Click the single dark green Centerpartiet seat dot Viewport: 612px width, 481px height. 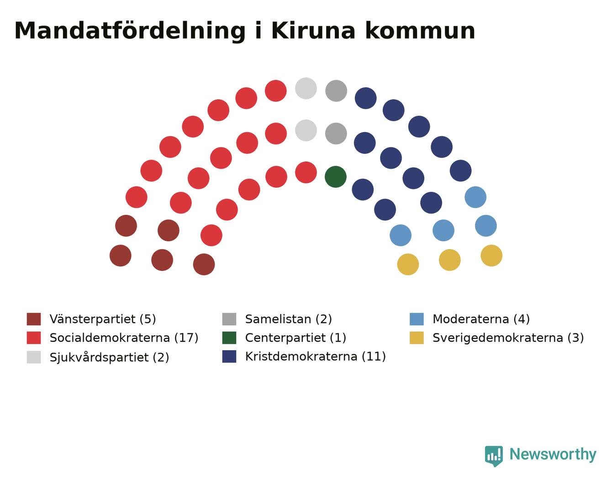click(335, 177)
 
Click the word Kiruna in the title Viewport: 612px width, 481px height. click(313, 31)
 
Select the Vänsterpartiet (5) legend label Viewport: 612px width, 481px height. click(103, 319)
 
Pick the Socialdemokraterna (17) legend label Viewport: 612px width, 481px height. click(124, 338)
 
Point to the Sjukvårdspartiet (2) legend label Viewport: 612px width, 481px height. click(109, 357)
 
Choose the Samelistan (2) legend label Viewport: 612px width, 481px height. click(288, 319)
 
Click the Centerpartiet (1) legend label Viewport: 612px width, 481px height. click(295, 338)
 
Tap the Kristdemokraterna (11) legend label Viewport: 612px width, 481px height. click(316, 356)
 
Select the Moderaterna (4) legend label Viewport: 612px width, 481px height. click(481, 319)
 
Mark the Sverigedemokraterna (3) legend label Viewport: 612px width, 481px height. click(508, 338)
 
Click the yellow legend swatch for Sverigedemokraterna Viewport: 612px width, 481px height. click(417, 338)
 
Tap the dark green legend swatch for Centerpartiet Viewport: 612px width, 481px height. click(229, 338)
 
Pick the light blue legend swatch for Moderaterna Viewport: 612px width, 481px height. click(417, 319)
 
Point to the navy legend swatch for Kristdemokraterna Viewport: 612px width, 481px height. click(229, 356)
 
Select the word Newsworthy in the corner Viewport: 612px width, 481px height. click(553, 454)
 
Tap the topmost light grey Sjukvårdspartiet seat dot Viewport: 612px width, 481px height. click(306, 88)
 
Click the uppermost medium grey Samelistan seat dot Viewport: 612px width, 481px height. click(336, 91)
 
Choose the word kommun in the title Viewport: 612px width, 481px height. click(420, 31)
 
